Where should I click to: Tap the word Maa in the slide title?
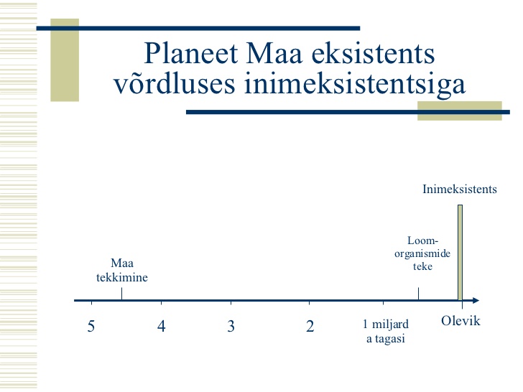pyautogui.click(x=274, y=53)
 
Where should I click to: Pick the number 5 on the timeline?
pyautogui.click(x=91, y=326)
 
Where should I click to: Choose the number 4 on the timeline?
pyautogui.click(x=161, y=326)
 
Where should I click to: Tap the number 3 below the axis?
pyautogui.click(x=231, y=326)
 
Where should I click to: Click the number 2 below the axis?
pyautogui.click(x=310, y=326)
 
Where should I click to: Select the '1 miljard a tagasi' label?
pyautogui.click(x=386, y=331)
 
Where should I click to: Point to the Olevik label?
pyautogui.click(x=460, y=321)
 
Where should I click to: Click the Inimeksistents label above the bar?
pyautogui.click(x=460, y=189)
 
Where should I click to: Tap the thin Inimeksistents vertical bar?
pyautogui.click(x=460, y=253)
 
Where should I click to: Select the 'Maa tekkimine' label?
pyautogui.click(x=122, y=270)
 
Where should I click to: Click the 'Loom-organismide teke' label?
pyautogui.click(x=422, y=253)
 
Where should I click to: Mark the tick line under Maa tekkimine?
pyautogui.click(x=121, y=294)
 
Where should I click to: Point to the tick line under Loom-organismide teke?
pyautogui.click(x=418, y=294)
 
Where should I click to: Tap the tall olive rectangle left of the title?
pyautogui.click(x=65, y=60)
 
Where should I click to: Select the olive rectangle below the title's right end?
pyautogui.click(x=460, y=111)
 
